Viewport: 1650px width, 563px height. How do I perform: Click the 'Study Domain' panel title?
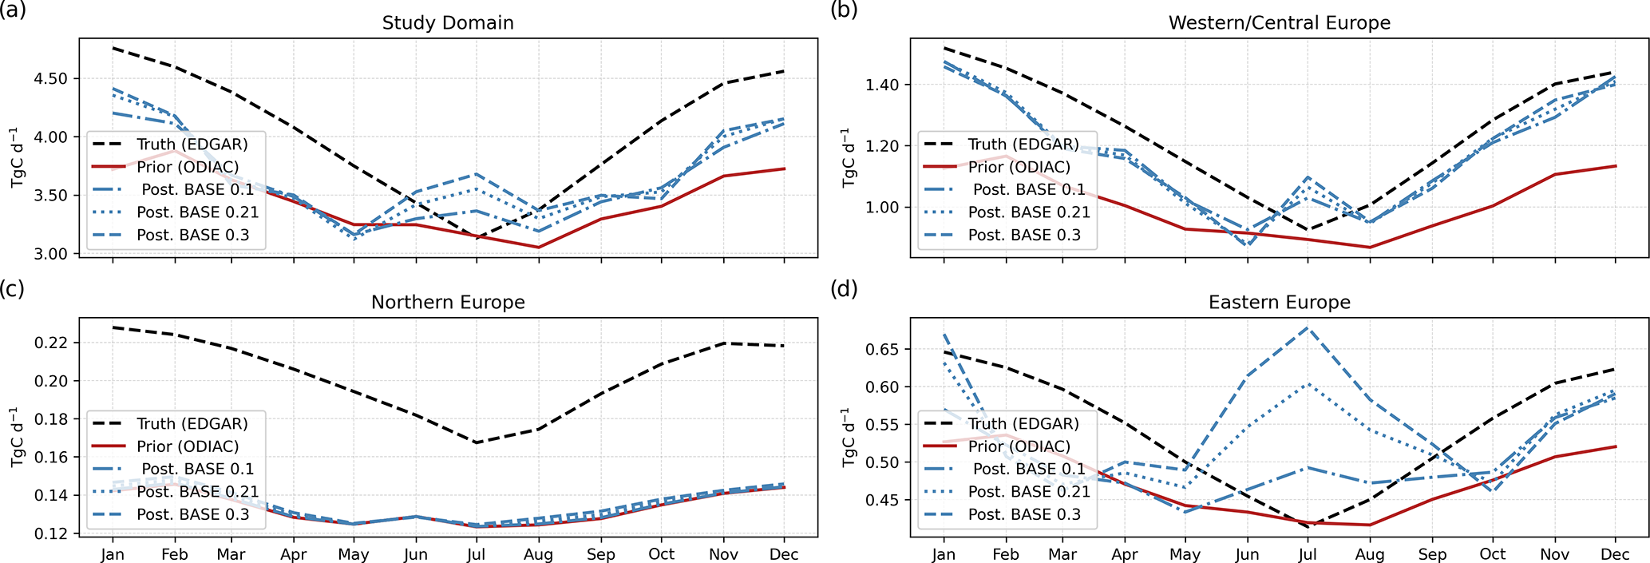447,22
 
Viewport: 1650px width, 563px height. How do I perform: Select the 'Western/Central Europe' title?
1279,22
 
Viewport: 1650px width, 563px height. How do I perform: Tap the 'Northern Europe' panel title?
447,302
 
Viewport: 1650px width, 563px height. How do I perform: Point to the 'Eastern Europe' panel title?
1279,302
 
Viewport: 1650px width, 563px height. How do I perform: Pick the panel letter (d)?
844,288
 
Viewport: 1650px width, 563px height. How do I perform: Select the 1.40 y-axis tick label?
882,85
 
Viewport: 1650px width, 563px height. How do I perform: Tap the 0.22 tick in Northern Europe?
50,343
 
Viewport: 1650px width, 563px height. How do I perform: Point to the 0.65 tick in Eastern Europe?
882,349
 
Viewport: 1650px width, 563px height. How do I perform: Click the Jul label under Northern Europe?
477,554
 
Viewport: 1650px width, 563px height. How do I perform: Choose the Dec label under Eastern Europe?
1615,554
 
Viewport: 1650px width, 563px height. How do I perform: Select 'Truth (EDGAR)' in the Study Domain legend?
192,145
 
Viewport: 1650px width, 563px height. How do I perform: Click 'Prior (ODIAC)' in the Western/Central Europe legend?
1019,167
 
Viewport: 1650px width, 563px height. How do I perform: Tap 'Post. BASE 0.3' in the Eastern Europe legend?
1024,514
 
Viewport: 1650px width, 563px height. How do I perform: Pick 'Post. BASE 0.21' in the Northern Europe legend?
197,491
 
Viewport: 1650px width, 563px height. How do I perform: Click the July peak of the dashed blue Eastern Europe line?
1308,327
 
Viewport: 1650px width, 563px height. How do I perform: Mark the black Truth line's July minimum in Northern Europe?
477,442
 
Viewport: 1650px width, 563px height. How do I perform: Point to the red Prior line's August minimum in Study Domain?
538,247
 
